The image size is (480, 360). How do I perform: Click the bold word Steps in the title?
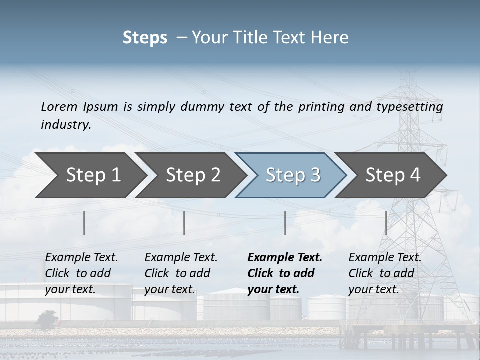point(145,38)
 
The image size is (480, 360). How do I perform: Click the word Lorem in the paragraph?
point(59,106)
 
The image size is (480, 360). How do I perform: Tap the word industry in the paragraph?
point(65,124)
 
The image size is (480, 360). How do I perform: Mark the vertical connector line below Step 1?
point(84,223)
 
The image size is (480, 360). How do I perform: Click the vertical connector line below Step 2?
point(184,223)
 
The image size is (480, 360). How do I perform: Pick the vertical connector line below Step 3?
point(285,223)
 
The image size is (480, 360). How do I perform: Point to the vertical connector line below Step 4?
point(386,223)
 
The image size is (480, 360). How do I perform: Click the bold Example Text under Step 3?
point(285,258)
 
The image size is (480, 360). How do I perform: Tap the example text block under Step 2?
point(180,273)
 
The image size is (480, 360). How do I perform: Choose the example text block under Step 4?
point(384,273)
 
